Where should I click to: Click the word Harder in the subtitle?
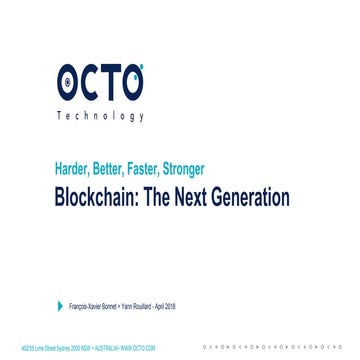coord(76,169)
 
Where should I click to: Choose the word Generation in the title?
coord(257,197)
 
